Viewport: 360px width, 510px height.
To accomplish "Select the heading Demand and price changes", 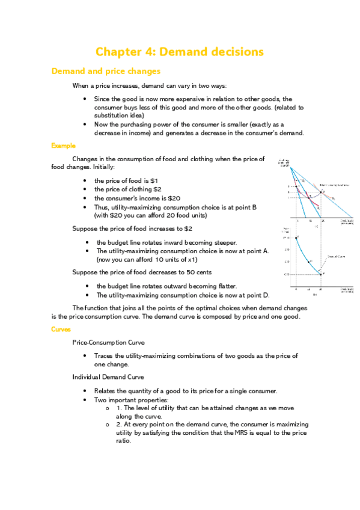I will pos(106,72).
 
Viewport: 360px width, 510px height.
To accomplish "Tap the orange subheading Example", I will pos(63,146).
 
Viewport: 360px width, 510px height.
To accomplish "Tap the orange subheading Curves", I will pos(61,329).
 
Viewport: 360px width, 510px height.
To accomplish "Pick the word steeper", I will pos(215,242).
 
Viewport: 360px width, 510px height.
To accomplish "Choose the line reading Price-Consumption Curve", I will pos(108,342).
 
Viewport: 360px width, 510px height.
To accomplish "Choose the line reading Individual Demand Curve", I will pos(108,377).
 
